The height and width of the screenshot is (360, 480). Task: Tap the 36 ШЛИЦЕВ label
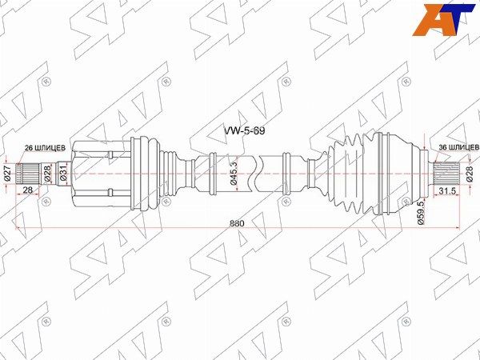click(x=458, y=147)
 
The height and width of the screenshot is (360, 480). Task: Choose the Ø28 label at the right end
click(x=470, y=174)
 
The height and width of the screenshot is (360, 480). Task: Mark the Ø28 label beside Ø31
click(x=47, y=174)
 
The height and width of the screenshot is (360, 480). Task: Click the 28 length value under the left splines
click(x=27, y=190)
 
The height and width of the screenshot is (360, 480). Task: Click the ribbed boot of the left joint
click(x=156, y=170)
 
